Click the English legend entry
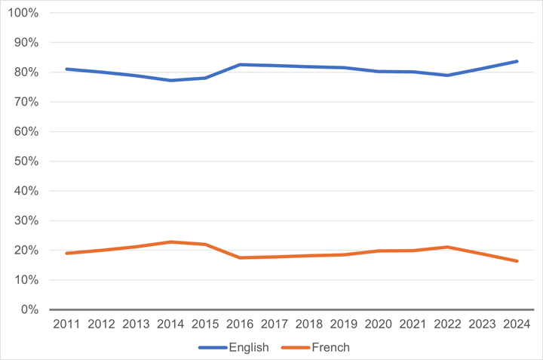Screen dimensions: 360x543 point(235,347)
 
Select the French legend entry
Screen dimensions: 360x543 point(315,347)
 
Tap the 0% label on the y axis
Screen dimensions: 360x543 point(29,309)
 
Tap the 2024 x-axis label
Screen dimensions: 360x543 point(517,324)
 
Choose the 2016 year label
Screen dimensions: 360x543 point(239,324)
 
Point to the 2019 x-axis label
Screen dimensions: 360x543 point(343,324)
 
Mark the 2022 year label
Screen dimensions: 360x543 point(447,324)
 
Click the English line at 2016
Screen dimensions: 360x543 point(239,65)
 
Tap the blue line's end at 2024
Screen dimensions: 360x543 point(517,61)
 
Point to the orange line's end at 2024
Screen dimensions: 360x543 point(517,261)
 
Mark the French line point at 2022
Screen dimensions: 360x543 point(447,247)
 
